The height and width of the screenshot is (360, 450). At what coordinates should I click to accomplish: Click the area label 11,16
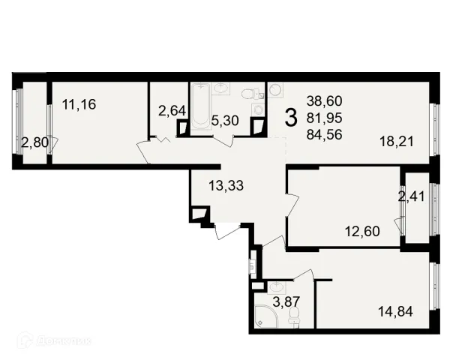[79, 104]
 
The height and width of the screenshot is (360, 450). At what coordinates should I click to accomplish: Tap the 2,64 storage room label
[172, 111]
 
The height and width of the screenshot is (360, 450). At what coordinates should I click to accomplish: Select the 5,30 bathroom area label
[225, 121]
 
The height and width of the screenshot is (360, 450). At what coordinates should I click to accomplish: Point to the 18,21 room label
[397, 142]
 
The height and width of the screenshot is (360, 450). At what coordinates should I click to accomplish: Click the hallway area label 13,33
[226, 186]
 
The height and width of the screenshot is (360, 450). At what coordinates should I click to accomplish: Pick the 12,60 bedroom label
[362, 231]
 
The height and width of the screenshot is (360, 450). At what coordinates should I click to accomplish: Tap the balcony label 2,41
[411, 196]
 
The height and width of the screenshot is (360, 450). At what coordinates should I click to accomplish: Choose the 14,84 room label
[396, 311]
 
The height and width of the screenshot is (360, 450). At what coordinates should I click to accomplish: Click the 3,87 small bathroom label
[286, 302]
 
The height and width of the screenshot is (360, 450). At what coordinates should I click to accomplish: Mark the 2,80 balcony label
[34, 142]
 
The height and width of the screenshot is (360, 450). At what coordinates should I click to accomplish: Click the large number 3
[291, 118]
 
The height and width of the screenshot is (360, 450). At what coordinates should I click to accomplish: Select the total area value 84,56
[324, 134]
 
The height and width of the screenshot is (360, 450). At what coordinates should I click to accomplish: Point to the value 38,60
[324, 101]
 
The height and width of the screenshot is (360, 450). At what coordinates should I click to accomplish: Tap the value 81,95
[324, 118]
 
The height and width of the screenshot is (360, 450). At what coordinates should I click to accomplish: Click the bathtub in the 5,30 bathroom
[200, 107]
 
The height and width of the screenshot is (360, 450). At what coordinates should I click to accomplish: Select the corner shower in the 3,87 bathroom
[266, 316]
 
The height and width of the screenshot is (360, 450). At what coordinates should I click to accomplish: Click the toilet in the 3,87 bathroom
[294, 317]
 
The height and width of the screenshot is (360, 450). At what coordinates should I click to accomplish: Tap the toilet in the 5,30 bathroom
[249, 93]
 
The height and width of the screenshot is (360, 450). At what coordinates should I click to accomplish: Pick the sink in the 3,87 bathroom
[276, 288]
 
